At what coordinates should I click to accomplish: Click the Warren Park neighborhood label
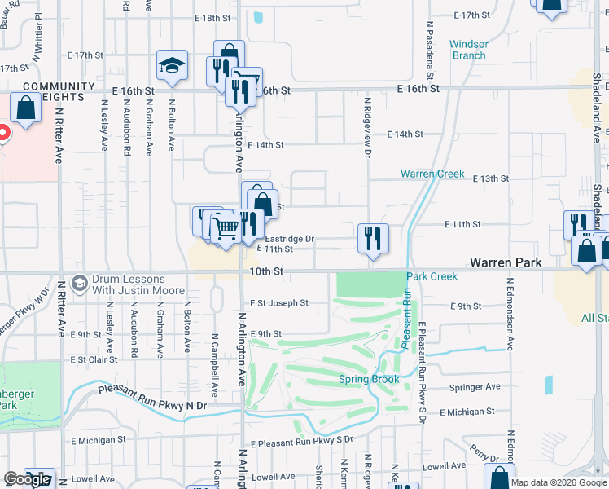[506, 263]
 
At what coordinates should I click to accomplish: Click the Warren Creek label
[432, 174]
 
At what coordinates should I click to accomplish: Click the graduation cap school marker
[172, 66]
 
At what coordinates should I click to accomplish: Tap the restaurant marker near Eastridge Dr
[373, 239]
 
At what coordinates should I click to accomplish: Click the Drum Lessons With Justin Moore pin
[79, 284]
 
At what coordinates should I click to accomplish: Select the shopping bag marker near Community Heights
[26, 108]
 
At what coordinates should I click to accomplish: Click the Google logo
[27, 479]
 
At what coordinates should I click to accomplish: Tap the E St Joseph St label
[278, 303]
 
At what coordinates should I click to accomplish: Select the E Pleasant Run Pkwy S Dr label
[301, 441]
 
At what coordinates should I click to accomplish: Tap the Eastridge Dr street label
[290, 239]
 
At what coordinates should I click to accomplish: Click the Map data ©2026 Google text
[559, 482]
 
